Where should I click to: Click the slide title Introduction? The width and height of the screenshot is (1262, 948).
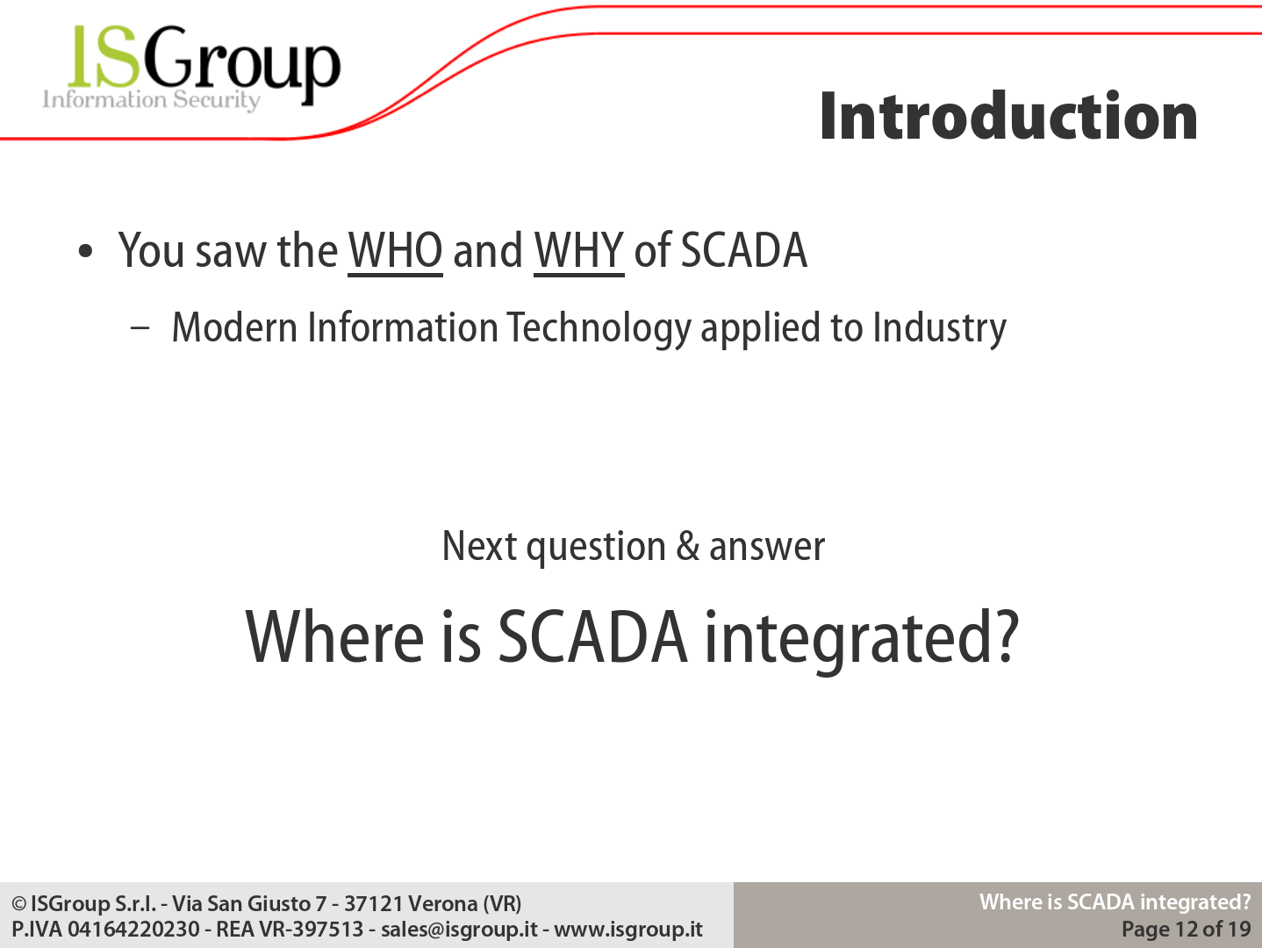coord(1008,116)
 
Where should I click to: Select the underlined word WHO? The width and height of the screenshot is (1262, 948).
coord(395,252)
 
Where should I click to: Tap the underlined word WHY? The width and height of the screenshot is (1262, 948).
coord(579,252)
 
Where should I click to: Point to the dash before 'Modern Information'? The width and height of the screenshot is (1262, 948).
coord(140,328)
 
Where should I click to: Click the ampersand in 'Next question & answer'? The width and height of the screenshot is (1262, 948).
coord(688,546)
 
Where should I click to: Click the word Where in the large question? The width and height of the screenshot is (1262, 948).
coord(334,637)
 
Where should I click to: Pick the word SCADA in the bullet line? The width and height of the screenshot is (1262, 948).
coord(743,250)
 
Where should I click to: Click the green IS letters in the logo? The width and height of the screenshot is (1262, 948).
coord(104,56)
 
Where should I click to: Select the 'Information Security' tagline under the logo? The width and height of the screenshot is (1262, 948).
coord(151,100)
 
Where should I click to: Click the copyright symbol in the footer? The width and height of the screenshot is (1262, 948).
coord(19,904)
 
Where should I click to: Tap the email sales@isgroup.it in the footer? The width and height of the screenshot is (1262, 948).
coord(459,930)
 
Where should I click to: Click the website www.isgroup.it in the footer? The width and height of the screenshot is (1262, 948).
coord(628,930)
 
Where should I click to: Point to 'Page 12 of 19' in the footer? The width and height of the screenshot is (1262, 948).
coord(1187,929)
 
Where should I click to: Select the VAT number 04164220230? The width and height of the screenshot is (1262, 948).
coord(133,929)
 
